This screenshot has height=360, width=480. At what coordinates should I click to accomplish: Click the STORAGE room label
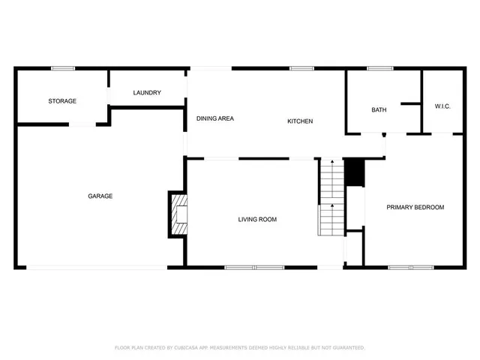coord(62,101)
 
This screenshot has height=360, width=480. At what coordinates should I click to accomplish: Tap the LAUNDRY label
coord(147,93)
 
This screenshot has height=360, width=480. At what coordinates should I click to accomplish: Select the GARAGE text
coord(100,196)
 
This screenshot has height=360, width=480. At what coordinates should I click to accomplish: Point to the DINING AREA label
coord(215,118)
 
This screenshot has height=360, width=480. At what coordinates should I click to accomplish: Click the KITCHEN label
coord(300,121)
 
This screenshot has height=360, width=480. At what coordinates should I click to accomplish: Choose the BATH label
coord(379,110)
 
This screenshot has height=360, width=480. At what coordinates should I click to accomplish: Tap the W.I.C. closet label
coord(442,106)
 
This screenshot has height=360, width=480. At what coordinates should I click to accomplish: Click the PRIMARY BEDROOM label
coord(415,207)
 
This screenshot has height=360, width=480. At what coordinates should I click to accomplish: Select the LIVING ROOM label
coord(257,220)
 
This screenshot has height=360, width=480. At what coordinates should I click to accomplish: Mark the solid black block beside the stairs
coord(353,172)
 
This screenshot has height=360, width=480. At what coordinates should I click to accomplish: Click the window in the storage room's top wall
coord(62,69)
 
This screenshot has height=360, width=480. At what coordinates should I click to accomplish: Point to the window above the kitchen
coord(301,69)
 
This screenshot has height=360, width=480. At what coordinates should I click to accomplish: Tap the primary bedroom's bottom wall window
coord(410,267)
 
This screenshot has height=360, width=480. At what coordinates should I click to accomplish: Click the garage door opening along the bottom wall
coord(97,268)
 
